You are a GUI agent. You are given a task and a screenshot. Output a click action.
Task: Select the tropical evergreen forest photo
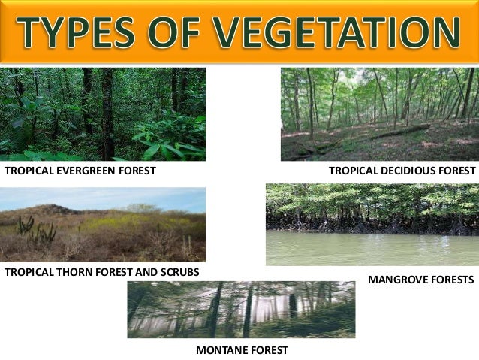point(103,113)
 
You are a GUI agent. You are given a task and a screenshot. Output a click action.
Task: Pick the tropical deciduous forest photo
point(379,113)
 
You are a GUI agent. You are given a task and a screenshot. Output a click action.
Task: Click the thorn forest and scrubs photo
point(103,225)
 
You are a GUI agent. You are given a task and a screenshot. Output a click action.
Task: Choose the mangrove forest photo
point(372,225)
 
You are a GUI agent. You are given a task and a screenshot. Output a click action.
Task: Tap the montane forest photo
point(241,310)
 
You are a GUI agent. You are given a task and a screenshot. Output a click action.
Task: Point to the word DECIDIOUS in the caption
point(404,171)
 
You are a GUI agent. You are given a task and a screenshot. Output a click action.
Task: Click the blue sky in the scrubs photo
point(103,197)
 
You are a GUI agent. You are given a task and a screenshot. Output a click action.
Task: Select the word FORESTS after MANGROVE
point(453,280)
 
